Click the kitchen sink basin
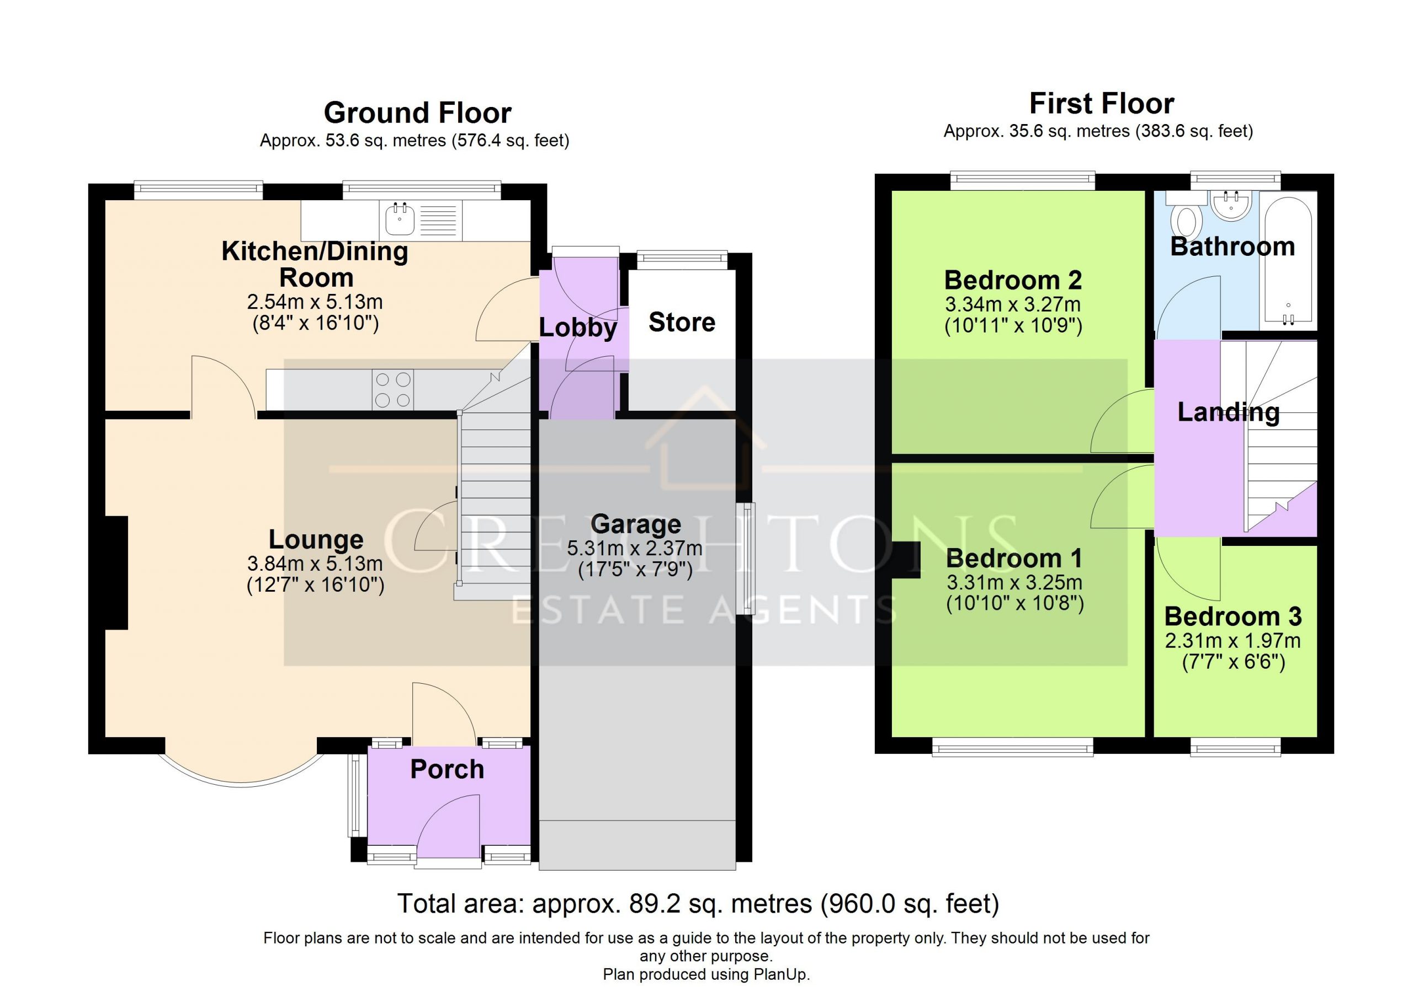click(400, 219)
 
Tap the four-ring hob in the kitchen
click(392, 389)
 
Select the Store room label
click(682, 322)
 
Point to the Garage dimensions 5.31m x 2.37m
click(635, 548)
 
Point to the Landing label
click(1229, 412)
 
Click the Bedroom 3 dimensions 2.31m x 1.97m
click(1233, 641)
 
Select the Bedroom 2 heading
click(1013, 281)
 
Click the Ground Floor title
click(417, 113)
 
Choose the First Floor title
click(1102, 103)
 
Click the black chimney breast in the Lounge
click(117, 572)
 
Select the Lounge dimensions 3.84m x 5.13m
click(315, 564)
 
